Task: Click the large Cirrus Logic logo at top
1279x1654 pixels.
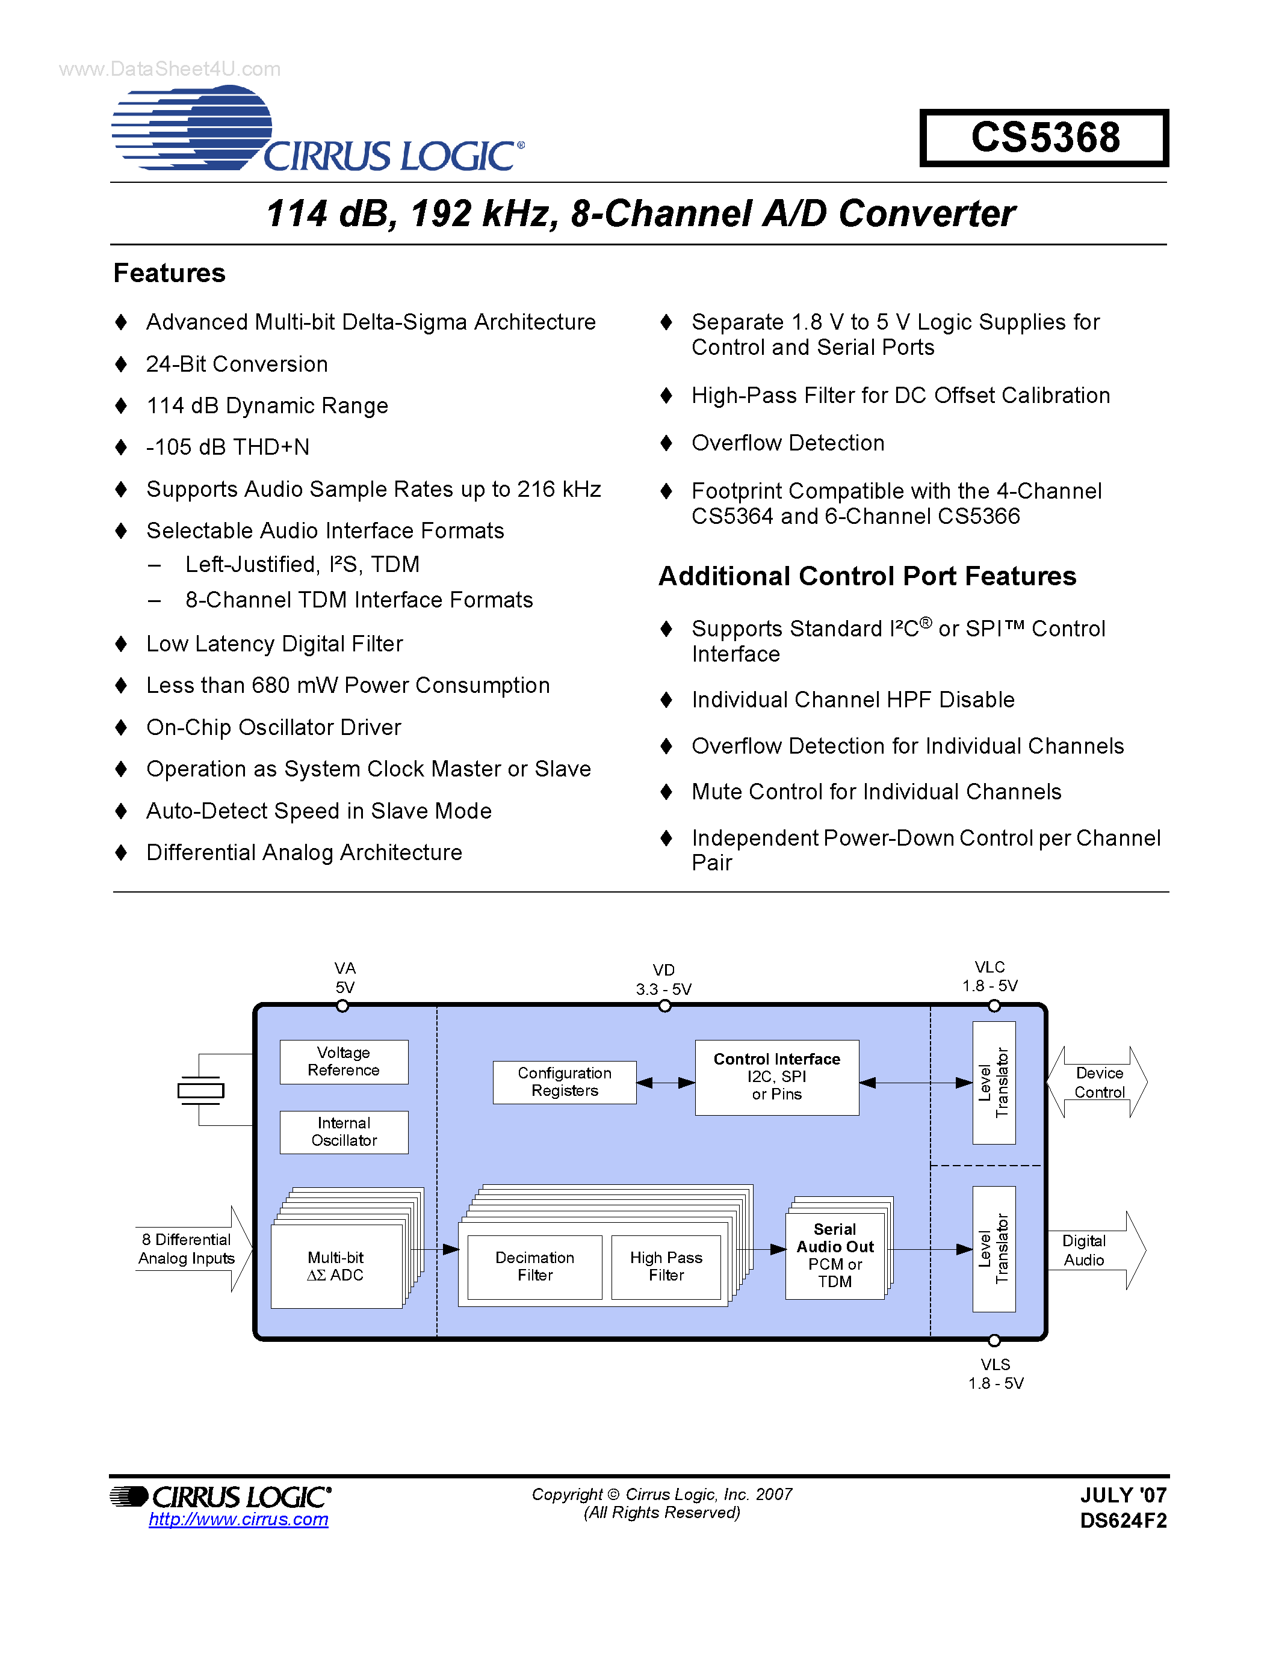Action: coord(317,129)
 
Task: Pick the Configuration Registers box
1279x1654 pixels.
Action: coord(564,1081)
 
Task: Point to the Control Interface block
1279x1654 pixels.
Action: coord(776,1076)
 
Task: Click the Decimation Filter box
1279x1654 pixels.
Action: coord(534,1266)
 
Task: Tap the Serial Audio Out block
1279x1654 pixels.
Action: coord(834,1255)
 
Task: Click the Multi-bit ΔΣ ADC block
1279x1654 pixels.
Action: coord(336,1266)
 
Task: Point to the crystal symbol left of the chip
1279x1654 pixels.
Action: coord(200,1090)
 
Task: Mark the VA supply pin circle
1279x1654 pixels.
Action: coord(342,1006)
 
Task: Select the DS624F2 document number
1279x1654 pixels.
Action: coord(1123,1520)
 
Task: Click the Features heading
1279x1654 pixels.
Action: coord(169,272)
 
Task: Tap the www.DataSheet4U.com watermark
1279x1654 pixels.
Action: coord(170,69)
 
